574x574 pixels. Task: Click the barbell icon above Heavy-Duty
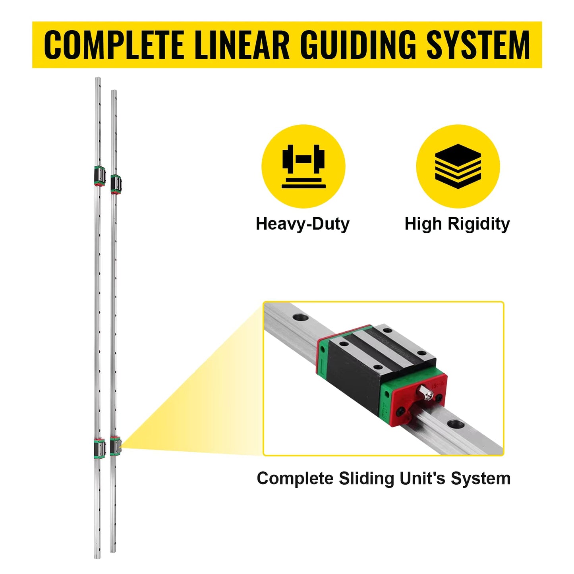pos(303,166)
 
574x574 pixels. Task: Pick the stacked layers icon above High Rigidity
pos(458,166)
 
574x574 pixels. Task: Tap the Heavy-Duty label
pos(303,224)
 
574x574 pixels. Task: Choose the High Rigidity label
pos(457,224)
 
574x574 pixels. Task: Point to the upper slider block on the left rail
pos(99,176)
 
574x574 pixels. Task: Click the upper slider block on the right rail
pos(116,184)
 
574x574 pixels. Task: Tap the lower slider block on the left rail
pos(99,448)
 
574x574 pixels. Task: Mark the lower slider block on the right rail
pos(115,446)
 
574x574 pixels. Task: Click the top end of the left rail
pos(98,80)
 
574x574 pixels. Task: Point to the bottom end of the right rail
pos(114,550)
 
